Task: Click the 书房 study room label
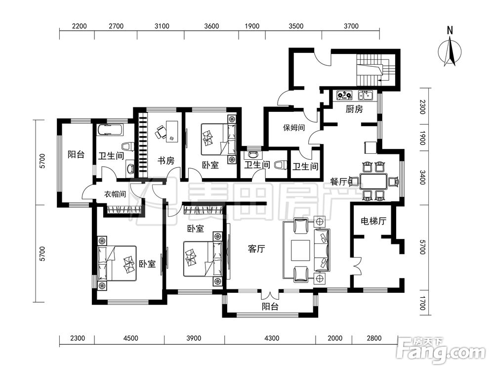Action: coord(165,161)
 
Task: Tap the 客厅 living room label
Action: coord(256,249)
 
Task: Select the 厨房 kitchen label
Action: coord(354,109)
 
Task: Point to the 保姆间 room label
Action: coord(293,128)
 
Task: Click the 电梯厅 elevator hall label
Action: coord(373,221)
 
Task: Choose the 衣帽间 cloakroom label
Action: coord(115,194)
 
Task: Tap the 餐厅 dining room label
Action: coord(338,182)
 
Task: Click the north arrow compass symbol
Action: coord(450,50)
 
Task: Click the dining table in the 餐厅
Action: coord(374,182)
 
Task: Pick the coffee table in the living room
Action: coord(300,250)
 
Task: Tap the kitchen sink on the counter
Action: coord(366,95)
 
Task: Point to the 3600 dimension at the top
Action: coord(211,26)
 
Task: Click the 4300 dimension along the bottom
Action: coord(272,338)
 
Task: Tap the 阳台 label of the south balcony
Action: coord(270,306)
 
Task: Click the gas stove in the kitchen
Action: coord(344,95)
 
